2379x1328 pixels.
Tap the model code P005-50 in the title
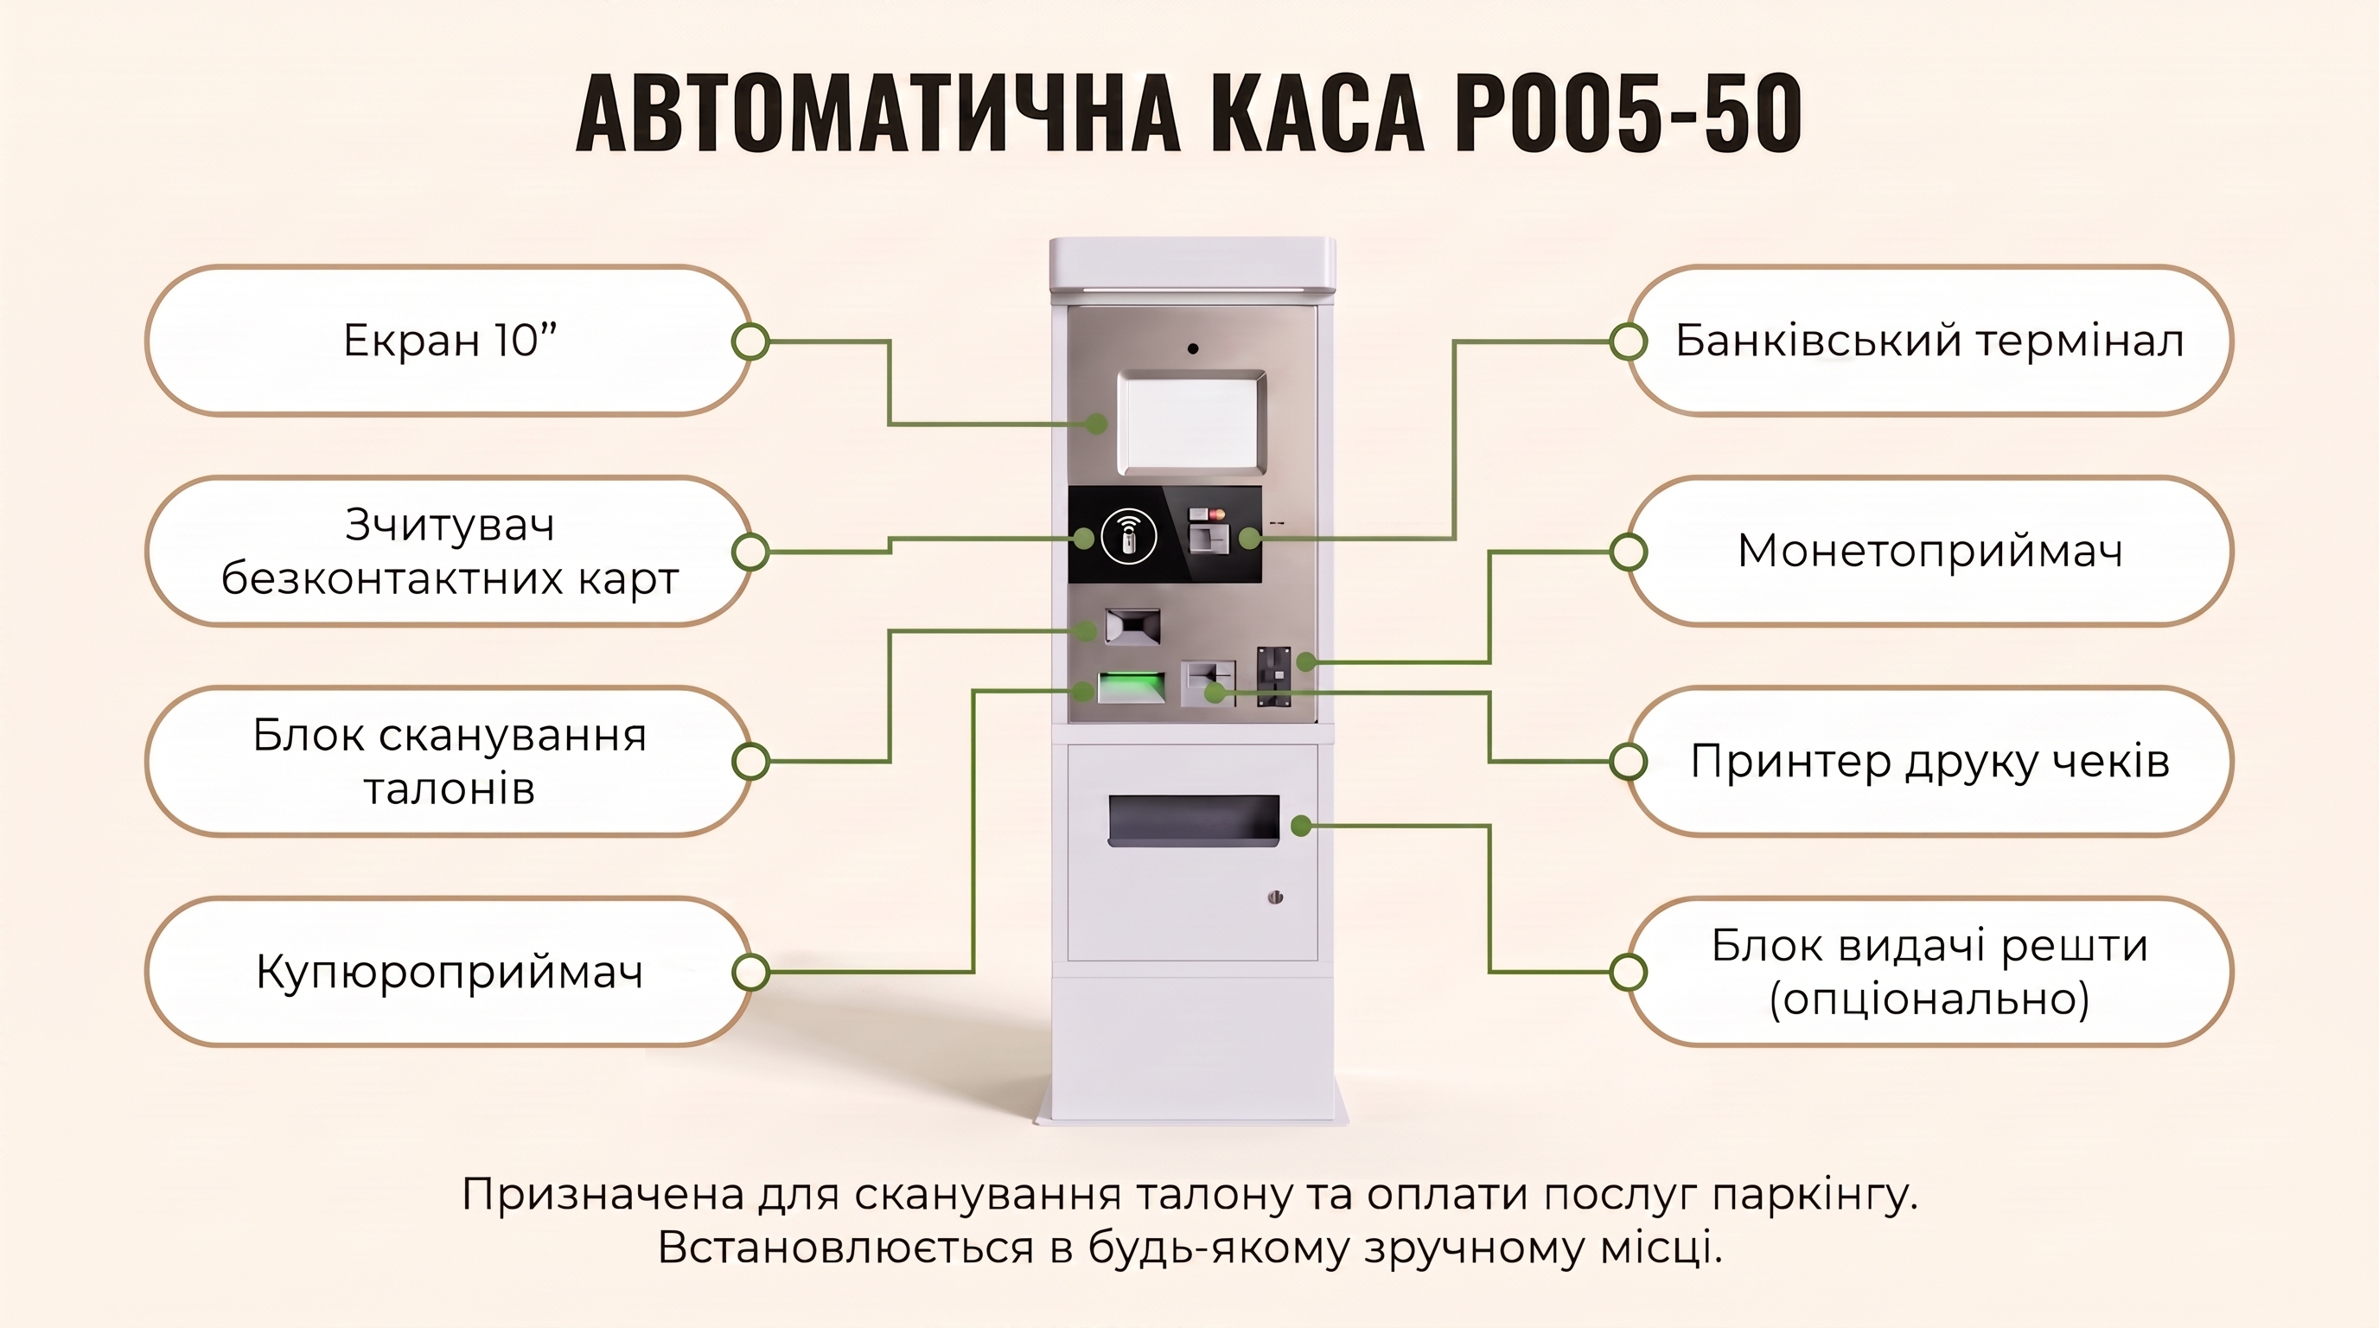1628,112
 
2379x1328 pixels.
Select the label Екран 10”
450,341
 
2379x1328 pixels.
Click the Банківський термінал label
1929,341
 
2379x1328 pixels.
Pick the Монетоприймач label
1930,552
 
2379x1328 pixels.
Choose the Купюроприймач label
450,973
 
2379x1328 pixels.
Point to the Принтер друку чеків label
1930,762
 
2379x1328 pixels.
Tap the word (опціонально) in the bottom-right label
1930,999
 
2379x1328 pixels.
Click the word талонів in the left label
450,788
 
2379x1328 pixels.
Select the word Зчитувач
450,527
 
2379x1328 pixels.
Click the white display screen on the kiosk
1191,422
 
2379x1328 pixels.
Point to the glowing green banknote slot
1131,688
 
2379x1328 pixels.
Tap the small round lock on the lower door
1275,897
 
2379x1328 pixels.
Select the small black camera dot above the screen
1193,349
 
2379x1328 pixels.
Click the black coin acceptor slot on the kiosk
1273,677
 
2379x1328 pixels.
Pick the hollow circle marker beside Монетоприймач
1628,552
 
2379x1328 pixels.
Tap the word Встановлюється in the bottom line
846,1248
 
